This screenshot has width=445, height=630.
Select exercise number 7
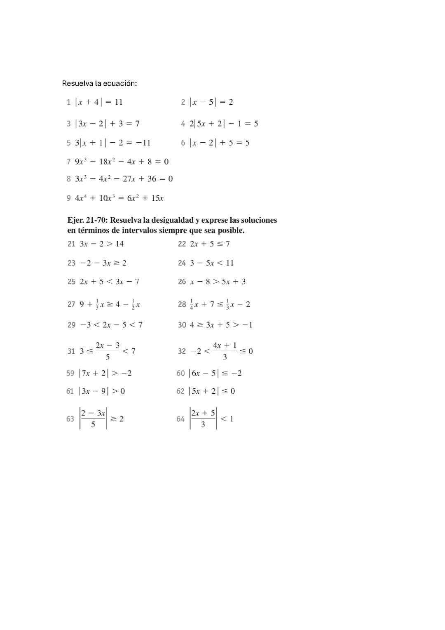[68, 162]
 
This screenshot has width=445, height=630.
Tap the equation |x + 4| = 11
[99, 102]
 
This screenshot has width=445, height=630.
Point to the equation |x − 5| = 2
[211, 102]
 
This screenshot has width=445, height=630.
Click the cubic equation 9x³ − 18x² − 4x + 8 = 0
[122, 162]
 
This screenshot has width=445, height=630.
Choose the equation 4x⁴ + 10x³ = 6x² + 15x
[119, 198]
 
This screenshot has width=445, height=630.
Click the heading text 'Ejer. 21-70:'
[87, 220]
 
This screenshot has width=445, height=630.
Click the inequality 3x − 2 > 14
[102, 244]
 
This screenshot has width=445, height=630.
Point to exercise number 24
[182, 263]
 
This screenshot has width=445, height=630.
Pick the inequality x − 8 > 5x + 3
[218, 282]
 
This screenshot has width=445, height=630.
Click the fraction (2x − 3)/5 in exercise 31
[108, 351]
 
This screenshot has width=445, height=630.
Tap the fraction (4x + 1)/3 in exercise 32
[225, 351]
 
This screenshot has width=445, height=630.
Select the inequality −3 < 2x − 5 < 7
[111, 325]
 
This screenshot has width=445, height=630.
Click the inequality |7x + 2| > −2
[105, 373]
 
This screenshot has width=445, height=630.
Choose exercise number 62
[180, 391]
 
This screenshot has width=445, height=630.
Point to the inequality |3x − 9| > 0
[102, 391]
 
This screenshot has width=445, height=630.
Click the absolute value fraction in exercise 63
[93, 418]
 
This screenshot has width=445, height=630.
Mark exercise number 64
[180, 419]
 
